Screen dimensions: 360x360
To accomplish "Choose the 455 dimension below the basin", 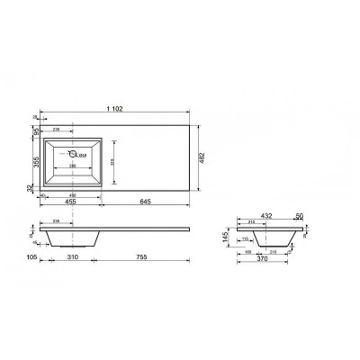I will (x=69, y=202).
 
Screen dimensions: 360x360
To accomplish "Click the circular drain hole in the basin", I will (x=74, y=153).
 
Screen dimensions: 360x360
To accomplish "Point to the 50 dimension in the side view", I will (x=298, y=216).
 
